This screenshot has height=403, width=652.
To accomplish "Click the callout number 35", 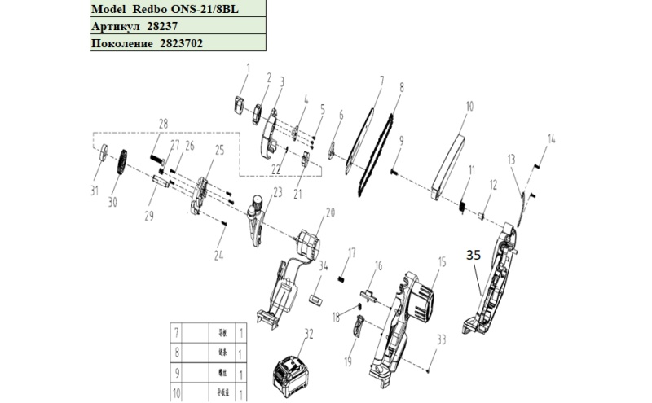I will pos(474,255).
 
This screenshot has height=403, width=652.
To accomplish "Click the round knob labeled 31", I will pos(102,156).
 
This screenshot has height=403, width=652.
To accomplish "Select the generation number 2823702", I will pos(175,43).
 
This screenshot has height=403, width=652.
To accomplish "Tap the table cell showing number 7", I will pos(176,332).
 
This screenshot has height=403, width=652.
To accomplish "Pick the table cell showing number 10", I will pos(176,394).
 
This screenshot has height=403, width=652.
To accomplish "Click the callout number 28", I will pos(163,124).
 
